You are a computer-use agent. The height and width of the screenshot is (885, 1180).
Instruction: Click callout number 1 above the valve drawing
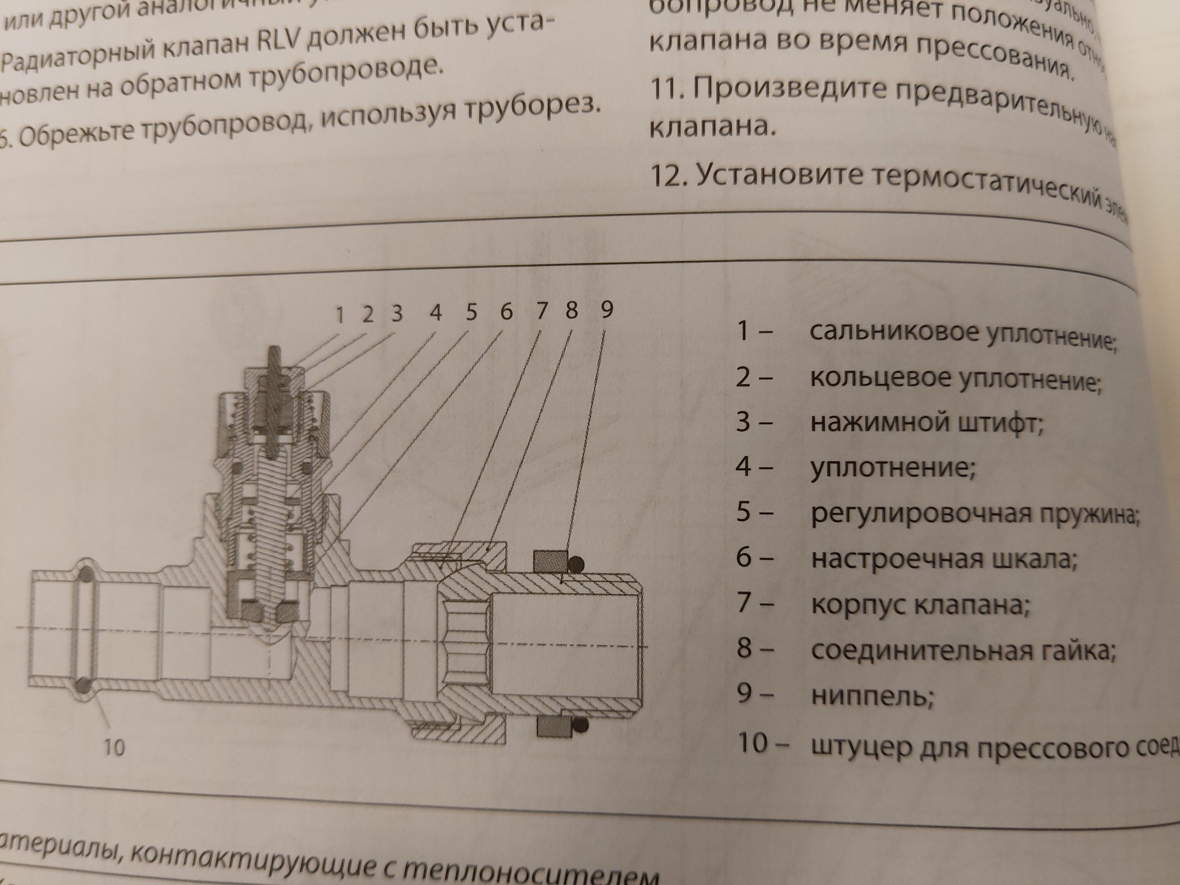click(339, 315)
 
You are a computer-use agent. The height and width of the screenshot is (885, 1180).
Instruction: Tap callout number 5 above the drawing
click(471, 312)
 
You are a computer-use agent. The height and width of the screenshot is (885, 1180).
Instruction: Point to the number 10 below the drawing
click(114, 747)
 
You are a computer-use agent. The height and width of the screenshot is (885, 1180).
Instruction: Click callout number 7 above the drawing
click(541, 311)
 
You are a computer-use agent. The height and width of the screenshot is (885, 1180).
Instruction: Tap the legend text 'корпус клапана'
click(920, 604)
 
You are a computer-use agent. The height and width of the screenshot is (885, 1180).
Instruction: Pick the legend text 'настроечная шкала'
click(943, 559)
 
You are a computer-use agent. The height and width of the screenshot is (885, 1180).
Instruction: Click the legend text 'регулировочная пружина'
click(974, 513)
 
